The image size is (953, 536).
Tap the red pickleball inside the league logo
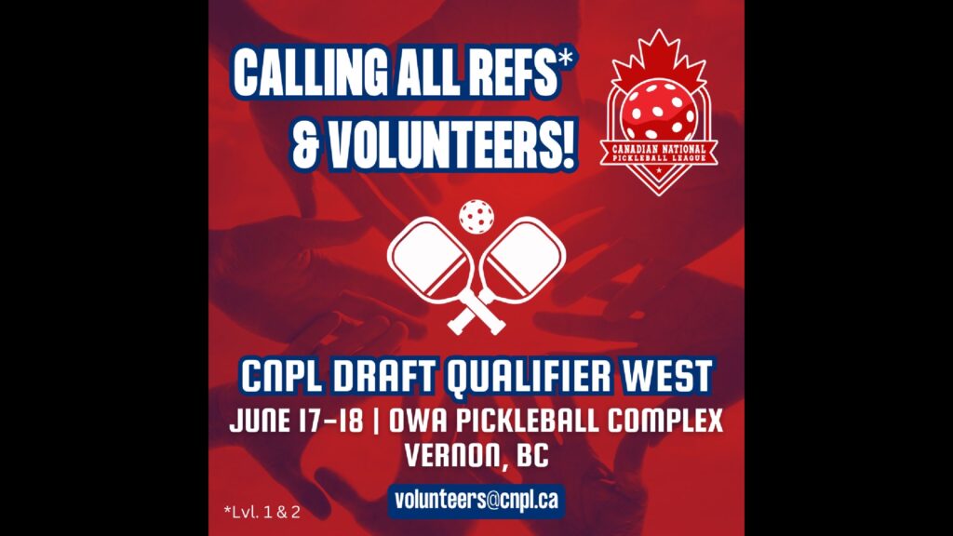(659, 110)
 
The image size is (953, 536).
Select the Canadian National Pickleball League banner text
(659, 154)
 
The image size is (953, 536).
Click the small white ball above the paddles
(476, 216)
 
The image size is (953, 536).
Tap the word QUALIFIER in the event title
(529, 377)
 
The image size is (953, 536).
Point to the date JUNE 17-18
(296, 421)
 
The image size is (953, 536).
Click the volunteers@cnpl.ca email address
(476, 500)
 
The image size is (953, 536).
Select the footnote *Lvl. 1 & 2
(262, 512)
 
